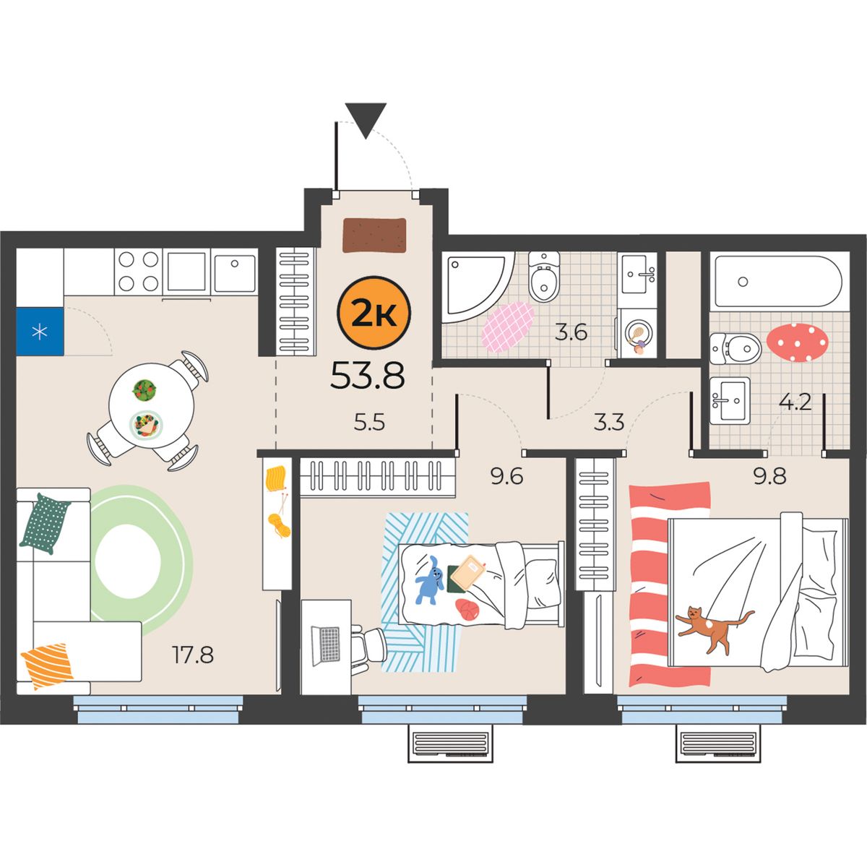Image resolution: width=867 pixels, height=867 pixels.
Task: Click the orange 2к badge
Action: [x=374, y=313]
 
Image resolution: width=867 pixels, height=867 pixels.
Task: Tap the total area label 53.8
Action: [x=368, y=375]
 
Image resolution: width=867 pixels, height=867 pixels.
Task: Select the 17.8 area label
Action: [x=193, y=655]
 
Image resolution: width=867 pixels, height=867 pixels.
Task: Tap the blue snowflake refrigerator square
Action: [x=40, y=331]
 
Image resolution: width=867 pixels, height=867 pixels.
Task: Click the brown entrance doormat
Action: [x=374, y=236]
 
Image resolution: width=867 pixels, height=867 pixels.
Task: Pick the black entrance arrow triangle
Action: [x=366, y=120]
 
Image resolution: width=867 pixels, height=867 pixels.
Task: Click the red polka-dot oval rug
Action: [x=797, y=342]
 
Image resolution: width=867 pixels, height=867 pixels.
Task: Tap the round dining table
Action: [x=151, y=405]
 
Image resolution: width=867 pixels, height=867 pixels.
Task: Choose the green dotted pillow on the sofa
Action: [x=44, y=524]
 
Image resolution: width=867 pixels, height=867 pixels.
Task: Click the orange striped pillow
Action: [x=47, y=666]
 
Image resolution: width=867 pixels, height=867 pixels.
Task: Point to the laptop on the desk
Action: [x=325, y=644]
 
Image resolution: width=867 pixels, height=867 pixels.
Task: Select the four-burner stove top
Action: [x=139, y=272]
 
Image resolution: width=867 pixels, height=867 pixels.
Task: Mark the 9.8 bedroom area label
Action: [x=769, y=476]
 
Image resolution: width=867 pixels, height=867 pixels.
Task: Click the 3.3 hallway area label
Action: [x=609, y=423]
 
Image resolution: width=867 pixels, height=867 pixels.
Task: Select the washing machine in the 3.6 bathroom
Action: [x=637, y=333]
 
